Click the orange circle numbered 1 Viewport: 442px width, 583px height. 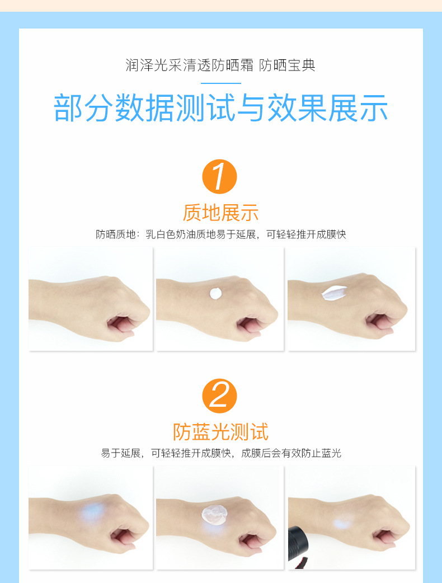[219, 177]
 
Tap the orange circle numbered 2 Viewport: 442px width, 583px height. [219, 396]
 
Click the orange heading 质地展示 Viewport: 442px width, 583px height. [220, 213]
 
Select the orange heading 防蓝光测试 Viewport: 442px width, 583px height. [220, 432]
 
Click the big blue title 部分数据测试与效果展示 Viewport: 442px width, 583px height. [221, 108]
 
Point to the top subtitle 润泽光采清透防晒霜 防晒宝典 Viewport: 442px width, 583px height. [220, 65]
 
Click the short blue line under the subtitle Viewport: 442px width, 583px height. [221, 83]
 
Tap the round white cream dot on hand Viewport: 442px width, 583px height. [215, 293]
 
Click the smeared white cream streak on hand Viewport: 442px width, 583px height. [334, 293]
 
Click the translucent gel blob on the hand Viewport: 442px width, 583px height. [214, 515]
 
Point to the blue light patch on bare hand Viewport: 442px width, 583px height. [92, 511]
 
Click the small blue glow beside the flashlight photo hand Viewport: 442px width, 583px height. [343, 524]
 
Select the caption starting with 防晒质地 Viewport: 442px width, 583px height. [221, 234]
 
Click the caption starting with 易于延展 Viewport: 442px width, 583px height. [221, 453]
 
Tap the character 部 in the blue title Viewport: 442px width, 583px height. [68, 108]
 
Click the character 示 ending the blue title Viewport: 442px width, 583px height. [374, 108]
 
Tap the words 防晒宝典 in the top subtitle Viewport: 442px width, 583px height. [288, 65]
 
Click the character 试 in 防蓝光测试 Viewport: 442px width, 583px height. [259, 432]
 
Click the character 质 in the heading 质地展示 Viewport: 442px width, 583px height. [192, 213]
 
